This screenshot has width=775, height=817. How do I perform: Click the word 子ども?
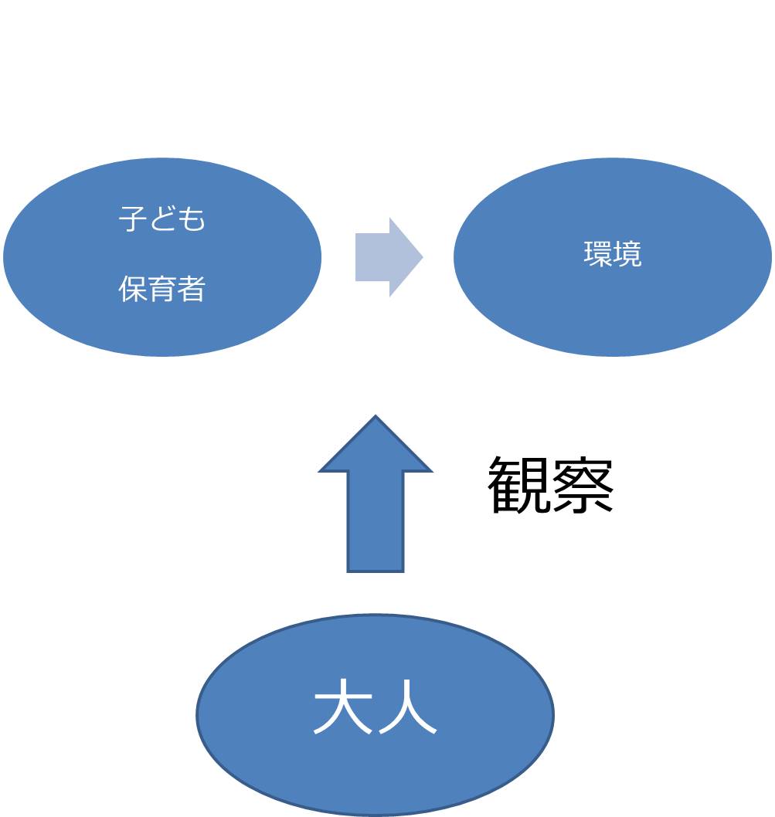(162, 219)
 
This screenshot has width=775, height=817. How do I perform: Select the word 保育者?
(162, 289)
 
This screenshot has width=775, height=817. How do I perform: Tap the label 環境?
(613, 254)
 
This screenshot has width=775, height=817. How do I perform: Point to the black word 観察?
(551, 485)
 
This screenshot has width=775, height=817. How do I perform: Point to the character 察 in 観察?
(583, 485)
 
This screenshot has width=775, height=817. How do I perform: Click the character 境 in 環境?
(627, 254)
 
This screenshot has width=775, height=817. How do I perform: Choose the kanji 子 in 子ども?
(133, 219)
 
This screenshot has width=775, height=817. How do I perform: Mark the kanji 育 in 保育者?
(162, 289)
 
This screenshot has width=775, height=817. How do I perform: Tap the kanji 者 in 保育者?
(192, 289)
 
